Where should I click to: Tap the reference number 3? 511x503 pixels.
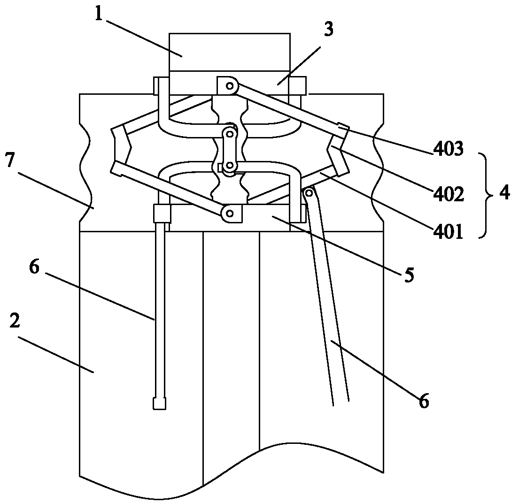pyautogui.click(x=328, y=29)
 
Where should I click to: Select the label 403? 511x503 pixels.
pyautogui.click(x=448, y=149)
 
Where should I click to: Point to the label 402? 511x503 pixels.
pyautogui.click(x=448, y=194)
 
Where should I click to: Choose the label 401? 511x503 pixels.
pyautogui.click(x=448, y=232)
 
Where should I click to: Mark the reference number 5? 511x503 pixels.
pyautogui.click(x=409, y=274)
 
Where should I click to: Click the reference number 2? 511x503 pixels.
pyautogui.click(x=15, y=320)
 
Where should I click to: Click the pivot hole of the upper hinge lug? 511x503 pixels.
pyautogui.click(x=231, y=86)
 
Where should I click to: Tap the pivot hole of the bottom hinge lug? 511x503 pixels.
pyautogui.click(x=230, y=213)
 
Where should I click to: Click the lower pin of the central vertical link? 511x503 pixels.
pyautogui.click(x=230, y=166)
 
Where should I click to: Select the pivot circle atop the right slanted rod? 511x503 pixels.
pyautogui.click(x=309, y=193)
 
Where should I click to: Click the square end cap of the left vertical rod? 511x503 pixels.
pyautogui.click(x=159, y=404)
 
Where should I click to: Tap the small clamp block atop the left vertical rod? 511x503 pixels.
pyautogui.click(x=162, y=213)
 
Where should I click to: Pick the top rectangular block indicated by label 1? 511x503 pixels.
pyautogui.click(x=229, y=52)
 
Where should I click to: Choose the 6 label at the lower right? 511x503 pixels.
pyautogui.click(x=424, y=401)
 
